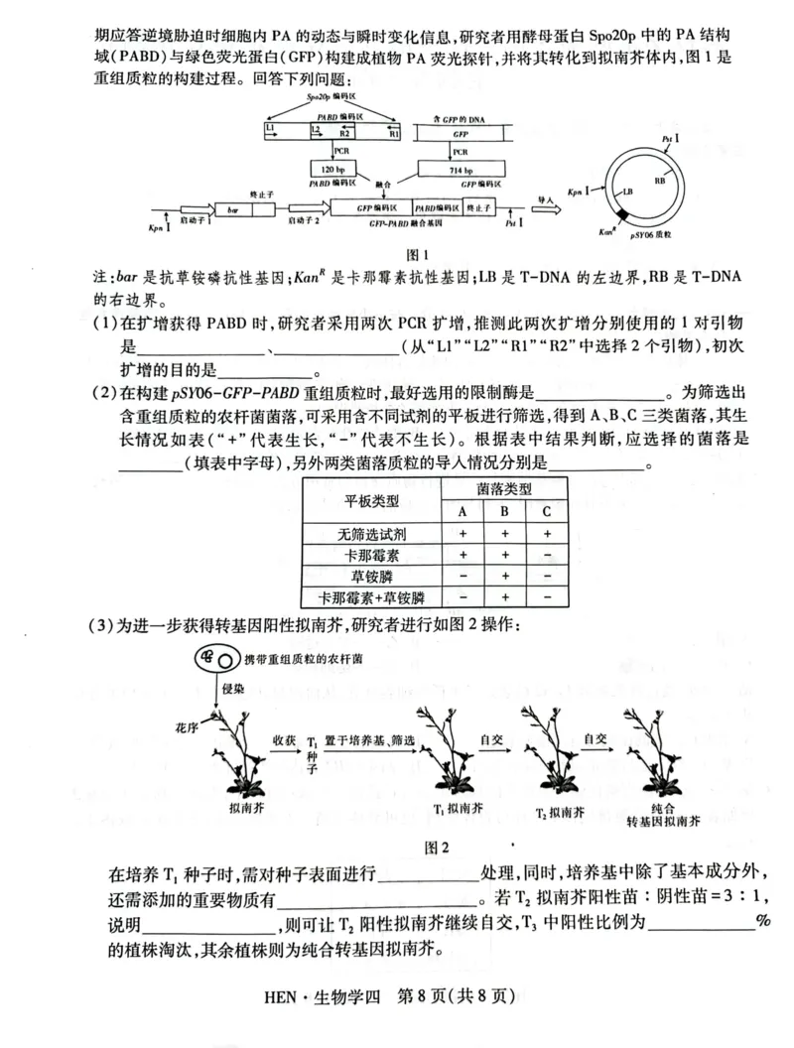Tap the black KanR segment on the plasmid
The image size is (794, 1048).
click(622, 215)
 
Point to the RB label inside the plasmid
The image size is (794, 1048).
click(660, 182)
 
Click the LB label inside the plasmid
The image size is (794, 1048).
click(627, 193)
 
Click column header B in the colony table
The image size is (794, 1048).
click(504, 511)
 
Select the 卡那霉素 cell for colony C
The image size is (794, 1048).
click(546, 554)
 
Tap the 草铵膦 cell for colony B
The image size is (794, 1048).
click(504, 576)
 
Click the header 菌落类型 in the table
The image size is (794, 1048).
click(504, 489)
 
